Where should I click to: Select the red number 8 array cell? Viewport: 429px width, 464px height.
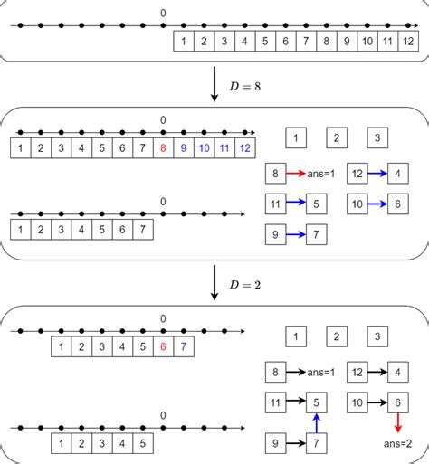tap(163, 147)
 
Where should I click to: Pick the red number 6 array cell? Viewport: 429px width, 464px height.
tap(163, 345)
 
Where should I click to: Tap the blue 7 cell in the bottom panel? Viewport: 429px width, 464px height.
tap(184, 345)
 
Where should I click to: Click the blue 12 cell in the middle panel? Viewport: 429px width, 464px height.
tap(244, 147)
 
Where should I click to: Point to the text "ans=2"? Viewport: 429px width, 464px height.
tap(396, 443)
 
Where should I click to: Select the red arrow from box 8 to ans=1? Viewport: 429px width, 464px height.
tap(295, 172)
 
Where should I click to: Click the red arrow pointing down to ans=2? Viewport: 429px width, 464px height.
tap(396, 423)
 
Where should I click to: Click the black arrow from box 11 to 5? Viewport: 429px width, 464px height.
tap(295, 402)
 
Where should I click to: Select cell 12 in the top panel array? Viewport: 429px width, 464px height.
tap(407, 41)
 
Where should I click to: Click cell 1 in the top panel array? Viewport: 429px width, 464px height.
tap(184, 41)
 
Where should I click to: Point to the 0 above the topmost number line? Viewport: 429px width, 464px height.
tap(163, 13)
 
